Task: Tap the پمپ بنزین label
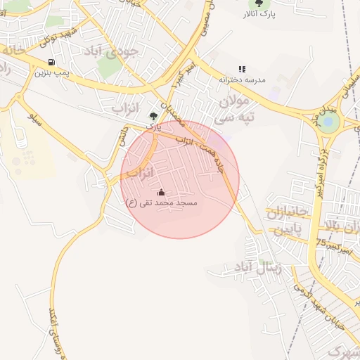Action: pos(53,72)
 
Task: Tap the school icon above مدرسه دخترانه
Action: pos(242,70)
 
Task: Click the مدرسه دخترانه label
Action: pos(242,80)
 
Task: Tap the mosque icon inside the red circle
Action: pos(161,193)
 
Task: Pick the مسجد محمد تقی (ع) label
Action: pos(161,202)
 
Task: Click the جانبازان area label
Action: pos(288,213)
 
